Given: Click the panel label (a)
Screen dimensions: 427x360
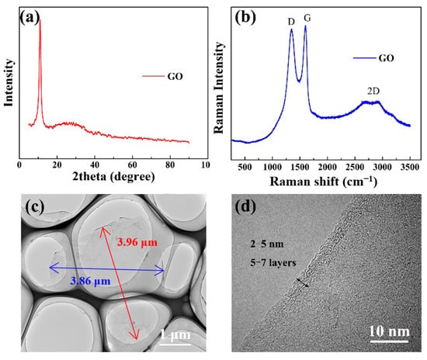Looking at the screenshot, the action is click(x=30, y=18).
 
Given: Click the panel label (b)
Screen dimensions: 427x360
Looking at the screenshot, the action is click(x=245, y=18).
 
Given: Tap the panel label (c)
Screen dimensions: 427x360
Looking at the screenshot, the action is click(x=35, y=207).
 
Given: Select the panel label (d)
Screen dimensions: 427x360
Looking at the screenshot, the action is click(x=245, y=207).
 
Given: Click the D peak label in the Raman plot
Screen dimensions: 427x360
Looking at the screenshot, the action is click(x=291, y=22).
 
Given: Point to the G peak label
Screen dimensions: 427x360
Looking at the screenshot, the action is click(x=307, y=18).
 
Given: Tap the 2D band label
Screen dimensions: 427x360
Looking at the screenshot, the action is click(x=373, y=91).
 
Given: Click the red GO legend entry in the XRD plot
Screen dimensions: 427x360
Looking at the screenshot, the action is click(x=162, y=77).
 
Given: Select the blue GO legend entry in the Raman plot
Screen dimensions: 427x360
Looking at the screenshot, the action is click(x=373, y=58).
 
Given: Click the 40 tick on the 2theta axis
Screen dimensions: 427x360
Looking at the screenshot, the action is click(x=95, y=165).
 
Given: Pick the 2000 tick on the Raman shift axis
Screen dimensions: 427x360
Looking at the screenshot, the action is click(x=327, y=167).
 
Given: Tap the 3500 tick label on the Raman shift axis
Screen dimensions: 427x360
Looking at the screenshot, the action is click(x=410, y=167).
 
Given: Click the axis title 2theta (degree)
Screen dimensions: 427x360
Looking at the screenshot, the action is click(x=113, y=177).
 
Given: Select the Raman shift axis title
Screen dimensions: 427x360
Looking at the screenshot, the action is click(x=323, y=182).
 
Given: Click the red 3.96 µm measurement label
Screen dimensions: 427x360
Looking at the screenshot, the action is click(x=137, y=242).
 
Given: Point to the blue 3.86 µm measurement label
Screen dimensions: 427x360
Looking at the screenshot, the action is click(x=90, y=281).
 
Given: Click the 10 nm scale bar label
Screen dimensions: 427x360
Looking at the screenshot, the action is click(x=389, y=331).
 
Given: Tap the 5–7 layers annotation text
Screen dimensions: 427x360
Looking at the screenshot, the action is click(x=273, y=263).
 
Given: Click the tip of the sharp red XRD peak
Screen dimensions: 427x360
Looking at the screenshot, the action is click(x=40, y=19).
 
